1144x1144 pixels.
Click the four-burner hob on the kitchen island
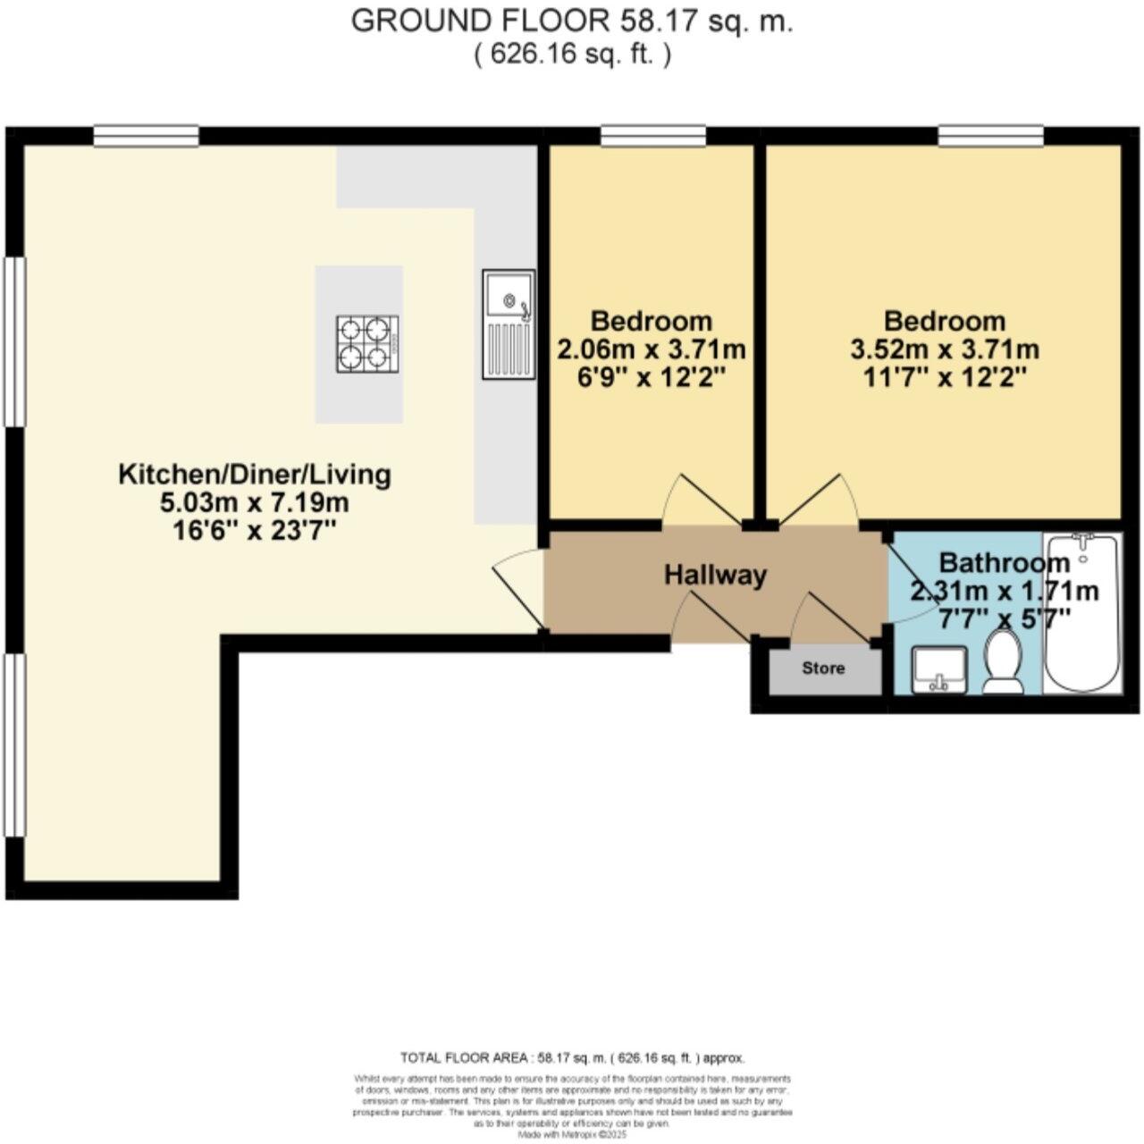[366, 344]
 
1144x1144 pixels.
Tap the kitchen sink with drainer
[509, 323]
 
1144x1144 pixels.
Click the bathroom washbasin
[938, 669]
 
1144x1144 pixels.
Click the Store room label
[823, 669]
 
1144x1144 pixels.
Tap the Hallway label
[715, 575]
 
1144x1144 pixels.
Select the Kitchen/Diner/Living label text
[255, 474]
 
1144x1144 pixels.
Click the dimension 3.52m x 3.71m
[945, 349]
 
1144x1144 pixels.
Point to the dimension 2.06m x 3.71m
[652, 349]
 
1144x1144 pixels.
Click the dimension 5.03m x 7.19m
[255, 502]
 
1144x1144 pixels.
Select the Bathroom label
[1004, 563]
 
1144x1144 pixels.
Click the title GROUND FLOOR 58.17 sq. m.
[572, 21]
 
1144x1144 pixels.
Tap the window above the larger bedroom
[990, 135]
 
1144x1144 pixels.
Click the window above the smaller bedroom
[653, 135]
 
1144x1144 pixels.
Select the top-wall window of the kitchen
[147, 135]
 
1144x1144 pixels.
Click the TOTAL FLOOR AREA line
[572, 1057]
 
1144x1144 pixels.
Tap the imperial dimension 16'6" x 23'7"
[255, 531]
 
